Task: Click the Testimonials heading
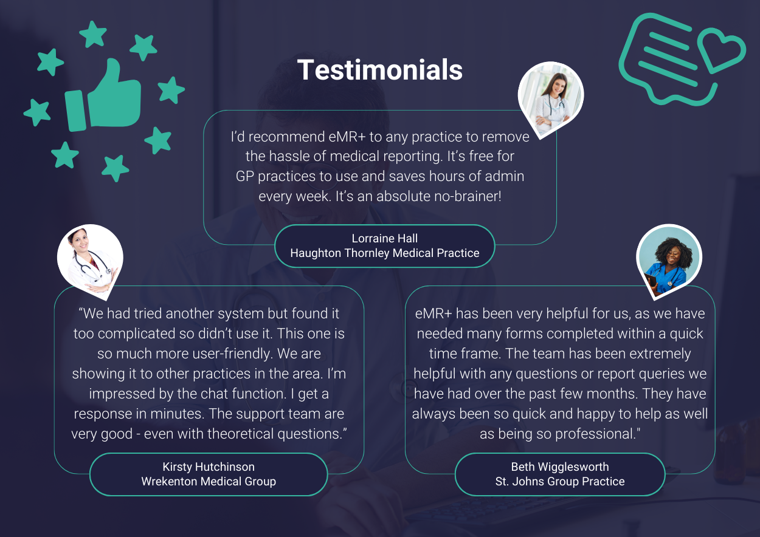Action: point(379,70)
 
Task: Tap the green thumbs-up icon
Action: point(103,96)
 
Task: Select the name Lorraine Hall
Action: point(384,238)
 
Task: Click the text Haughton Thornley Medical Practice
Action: point(384,253)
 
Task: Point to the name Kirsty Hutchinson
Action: point(209,467)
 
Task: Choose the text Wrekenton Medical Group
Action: point(209,481)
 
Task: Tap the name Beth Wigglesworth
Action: point(560,467)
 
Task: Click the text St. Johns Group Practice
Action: point(560,481)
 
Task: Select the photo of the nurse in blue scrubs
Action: point(668,259)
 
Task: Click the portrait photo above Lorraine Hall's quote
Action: point(550,98)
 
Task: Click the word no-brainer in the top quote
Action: point(468,196)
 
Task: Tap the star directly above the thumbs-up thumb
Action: point(92,34)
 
